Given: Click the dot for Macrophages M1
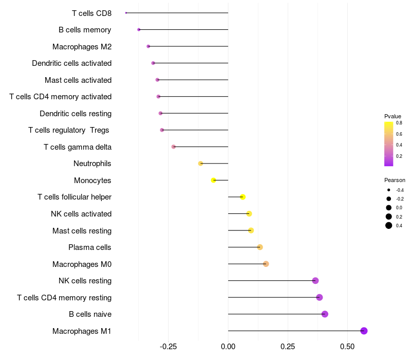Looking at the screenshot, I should coord(364,331).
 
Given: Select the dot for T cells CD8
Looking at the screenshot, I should coord(126,13).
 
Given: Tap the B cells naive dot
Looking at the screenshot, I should coord(325,314).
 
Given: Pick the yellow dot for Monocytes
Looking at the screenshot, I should coord(214,181).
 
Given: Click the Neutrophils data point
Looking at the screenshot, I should coord(201,164).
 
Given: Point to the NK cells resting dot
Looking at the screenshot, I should coord(315,281).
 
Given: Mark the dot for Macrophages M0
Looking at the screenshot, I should coord(266,264).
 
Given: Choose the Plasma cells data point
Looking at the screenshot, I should coord(260,247).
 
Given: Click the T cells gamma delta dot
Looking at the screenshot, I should coord(174,147).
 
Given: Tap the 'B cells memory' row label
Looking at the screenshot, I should coord(85,30).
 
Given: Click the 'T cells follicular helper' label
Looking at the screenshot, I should coord(74,197).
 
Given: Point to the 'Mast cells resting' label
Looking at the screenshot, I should coord(82,230).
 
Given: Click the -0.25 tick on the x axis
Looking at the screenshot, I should coord(169,347).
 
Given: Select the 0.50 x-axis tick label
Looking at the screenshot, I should coord(347,347).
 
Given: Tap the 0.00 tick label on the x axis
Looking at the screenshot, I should coord(228,347).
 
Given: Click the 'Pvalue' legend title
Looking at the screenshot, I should coord(393,116).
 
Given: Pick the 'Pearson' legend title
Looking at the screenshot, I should coord(395,181).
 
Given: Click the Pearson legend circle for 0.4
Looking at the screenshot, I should coord(389,225).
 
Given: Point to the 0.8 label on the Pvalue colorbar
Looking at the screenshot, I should coord(399,123).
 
